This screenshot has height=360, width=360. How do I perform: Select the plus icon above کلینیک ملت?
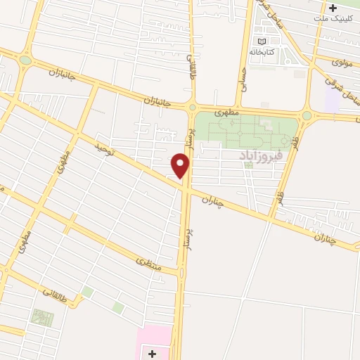[x=333, y=8]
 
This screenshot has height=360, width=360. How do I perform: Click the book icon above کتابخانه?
[x=262, y=41]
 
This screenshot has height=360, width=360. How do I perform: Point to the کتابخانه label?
[x=262, y=52]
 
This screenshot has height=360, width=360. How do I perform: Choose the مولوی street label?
[x=342, y=63]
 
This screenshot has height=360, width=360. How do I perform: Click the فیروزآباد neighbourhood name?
[x=260, y=153]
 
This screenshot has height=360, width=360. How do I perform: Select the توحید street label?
[x=103, y=149]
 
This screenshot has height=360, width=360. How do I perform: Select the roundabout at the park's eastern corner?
[x=307, y=115]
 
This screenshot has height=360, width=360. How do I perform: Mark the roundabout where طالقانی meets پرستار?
[x=192, y=108]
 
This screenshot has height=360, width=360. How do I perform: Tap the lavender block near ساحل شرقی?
[x=333, y=101]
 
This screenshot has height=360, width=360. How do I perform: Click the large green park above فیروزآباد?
[x=243, y=130]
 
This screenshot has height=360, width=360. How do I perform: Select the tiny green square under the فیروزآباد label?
[x=248, y=165]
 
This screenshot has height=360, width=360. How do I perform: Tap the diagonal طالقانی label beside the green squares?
[x=58, y=293]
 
